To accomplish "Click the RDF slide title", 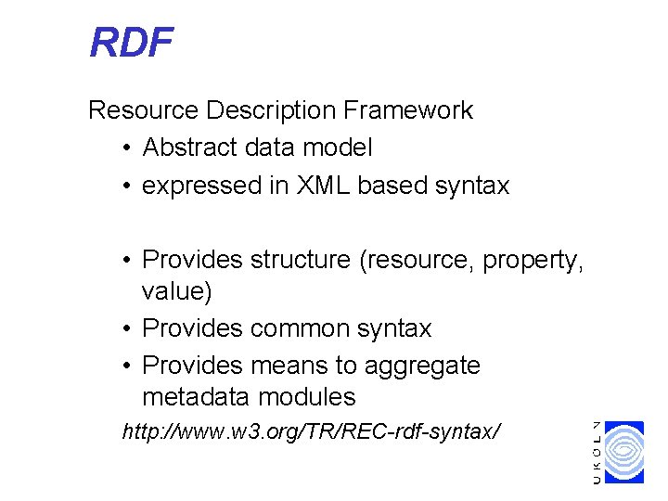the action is click(x=131, y=43).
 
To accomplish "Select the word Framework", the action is click(x=408, y=110).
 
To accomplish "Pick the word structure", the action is click(x=301, y=262).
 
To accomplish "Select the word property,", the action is click(x=533, y=262).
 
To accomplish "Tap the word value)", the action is click(x=176, y=292).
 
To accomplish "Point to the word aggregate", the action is click(x=422, y=366).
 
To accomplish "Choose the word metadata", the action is click(x=196, y=397).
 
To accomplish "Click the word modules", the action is click(x=307, y=397).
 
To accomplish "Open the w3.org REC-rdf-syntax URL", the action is click(x=312, y=431).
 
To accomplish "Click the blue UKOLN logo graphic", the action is click(x=623, y=452).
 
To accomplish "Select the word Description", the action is click(x=271, y=110).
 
